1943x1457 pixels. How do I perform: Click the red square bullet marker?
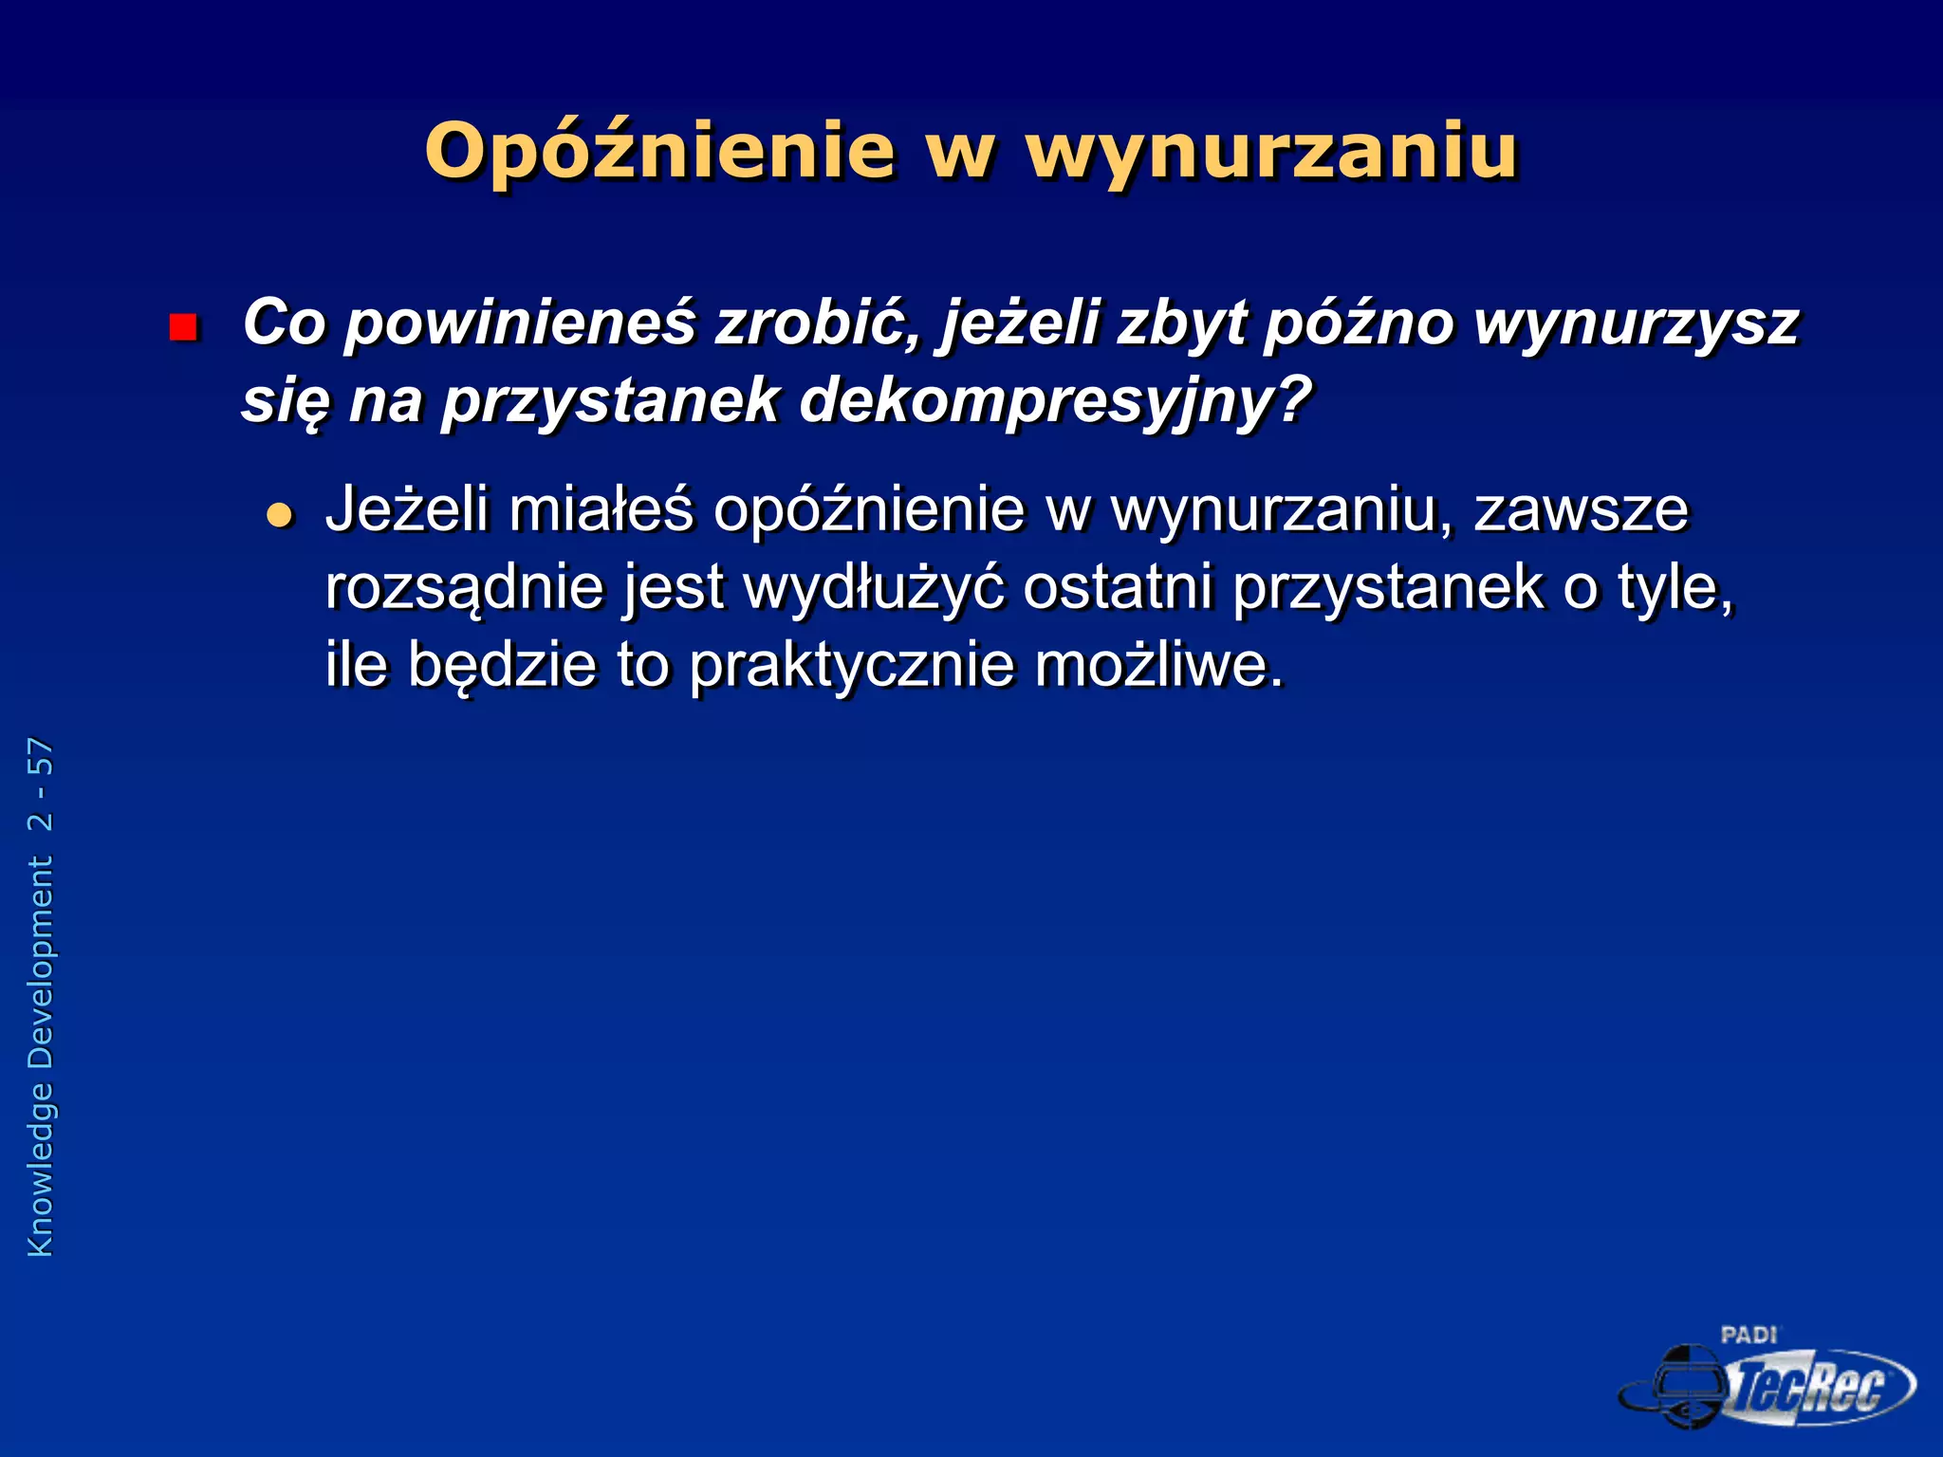[x=182, y=328]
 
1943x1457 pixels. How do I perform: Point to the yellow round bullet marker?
[x=280, y=515]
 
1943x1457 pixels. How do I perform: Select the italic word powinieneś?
[x=519, y=323]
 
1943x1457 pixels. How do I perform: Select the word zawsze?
[x=1581, y=510]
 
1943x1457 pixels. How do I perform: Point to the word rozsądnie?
[x=465, y=588]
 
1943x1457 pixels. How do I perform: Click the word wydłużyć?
[x=874, y=588]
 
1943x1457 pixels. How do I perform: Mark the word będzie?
[x=503, y=666]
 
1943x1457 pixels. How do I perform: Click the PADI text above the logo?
[x=1748, y=1336]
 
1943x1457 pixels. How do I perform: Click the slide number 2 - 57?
[x=41, y=784]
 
